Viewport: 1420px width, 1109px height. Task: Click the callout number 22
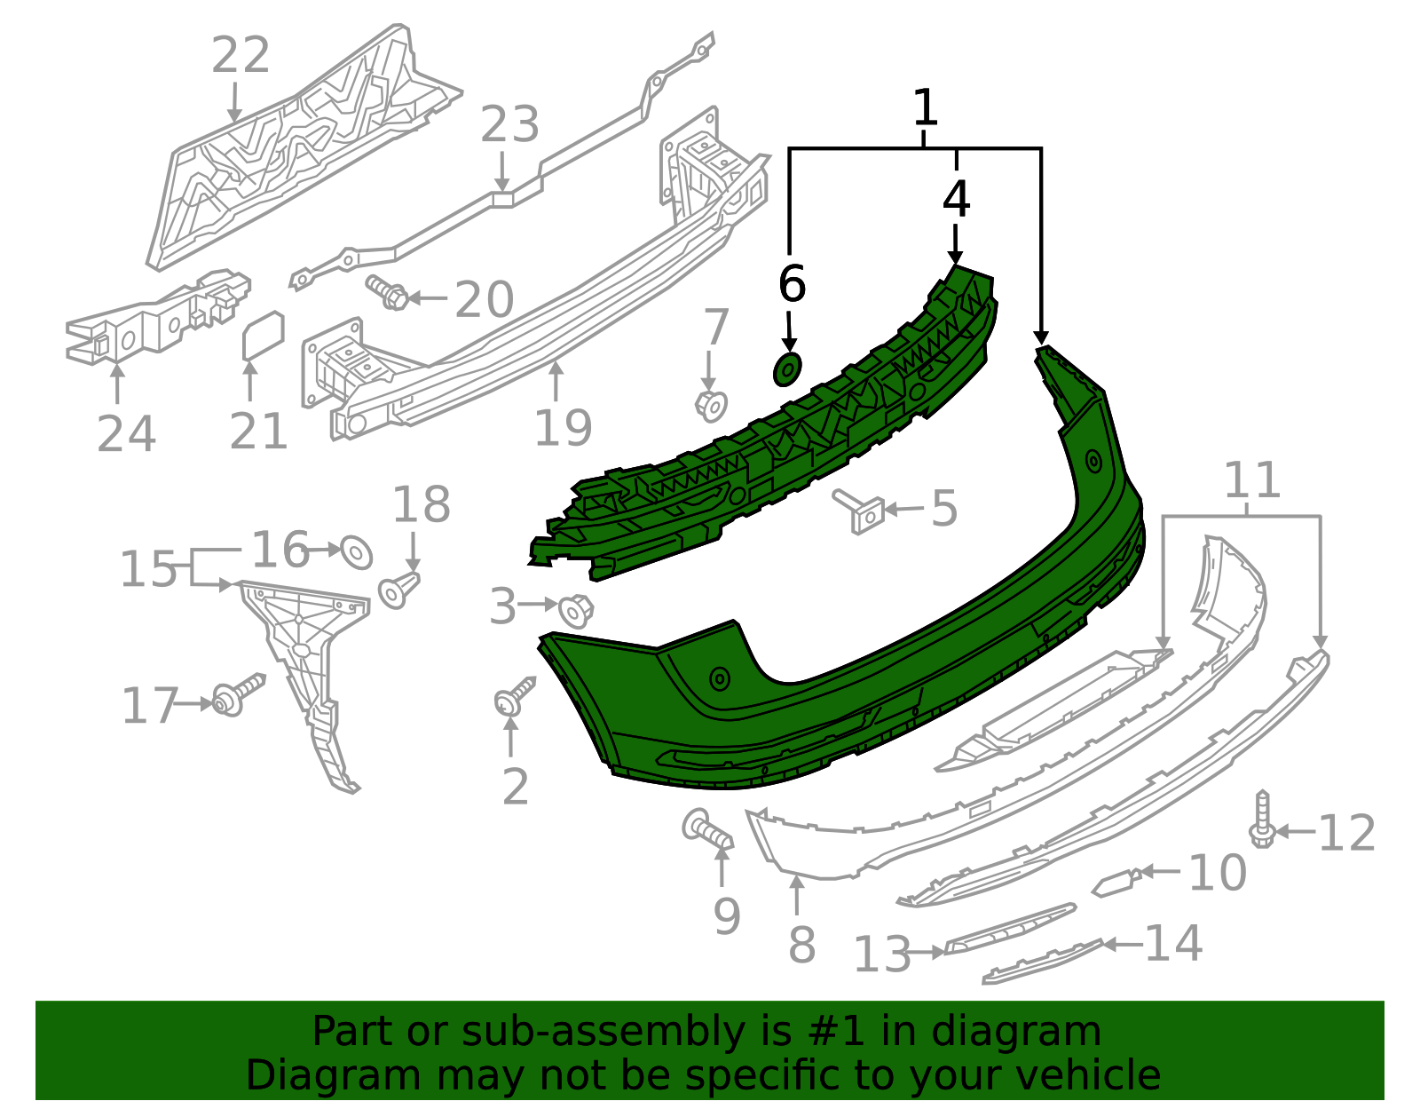(241, 55)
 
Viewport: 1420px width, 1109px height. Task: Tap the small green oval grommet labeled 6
(787, 368)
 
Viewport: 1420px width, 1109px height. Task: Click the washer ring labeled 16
(356, 552)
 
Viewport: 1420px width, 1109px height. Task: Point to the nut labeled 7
(711, 405)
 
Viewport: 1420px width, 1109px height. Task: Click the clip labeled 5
(862, 511)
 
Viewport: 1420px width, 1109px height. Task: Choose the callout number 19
(563, 427)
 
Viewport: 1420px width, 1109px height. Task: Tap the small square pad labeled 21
(263, 337)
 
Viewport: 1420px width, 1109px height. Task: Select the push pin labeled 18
(398, 590)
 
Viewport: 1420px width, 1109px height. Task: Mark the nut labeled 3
(576, 610)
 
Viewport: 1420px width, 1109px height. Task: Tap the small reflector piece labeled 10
(1115, 883)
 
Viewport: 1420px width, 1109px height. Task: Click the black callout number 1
(925, 107)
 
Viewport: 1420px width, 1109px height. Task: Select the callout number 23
(509, 124)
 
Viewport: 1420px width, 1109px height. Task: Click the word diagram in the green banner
(1035, 1032)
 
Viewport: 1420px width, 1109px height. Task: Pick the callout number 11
(1252, 480)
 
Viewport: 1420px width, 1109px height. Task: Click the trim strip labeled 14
(1043, 962)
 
